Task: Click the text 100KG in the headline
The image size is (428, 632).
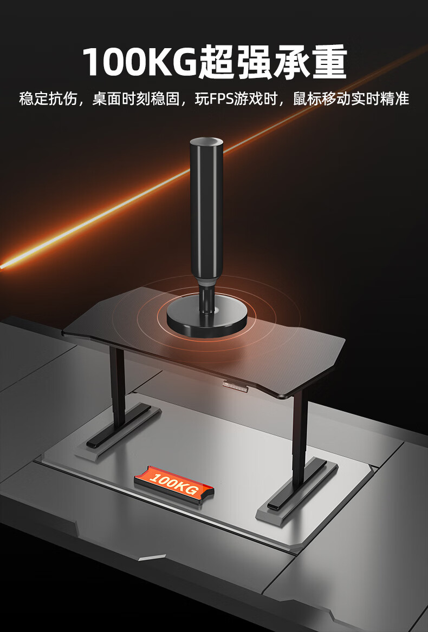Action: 139,62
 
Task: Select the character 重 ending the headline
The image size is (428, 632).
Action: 329,62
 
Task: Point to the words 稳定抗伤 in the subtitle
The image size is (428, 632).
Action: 48,99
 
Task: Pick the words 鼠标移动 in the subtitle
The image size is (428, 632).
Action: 321,99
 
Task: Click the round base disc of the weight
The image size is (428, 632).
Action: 207,318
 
